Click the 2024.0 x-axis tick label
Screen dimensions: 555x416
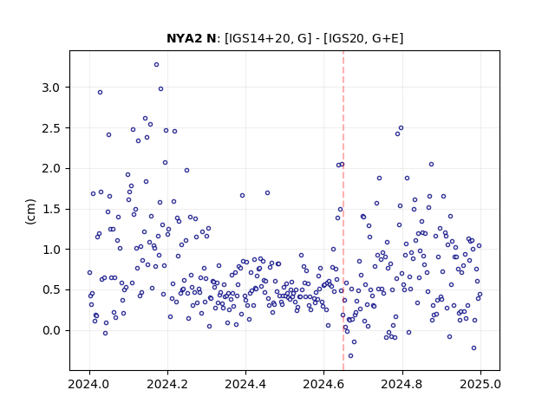pyautogui.click(x=89, y=384)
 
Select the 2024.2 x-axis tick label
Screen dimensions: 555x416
pyautogui.click(x=167, y=384)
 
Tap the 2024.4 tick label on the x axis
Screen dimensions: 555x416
pyautogui.click(x=245, y=384)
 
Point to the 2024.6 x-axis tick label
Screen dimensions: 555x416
pyautogui.click(x=323, y=384)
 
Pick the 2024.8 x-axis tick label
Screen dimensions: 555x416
pyautogui.click(x=402, y=384)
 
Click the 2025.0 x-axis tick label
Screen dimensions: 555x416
pyautogui.click(x=480, y=384)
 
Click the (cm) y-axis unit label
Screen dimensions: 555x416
pyautogui.click(x=31, y=211)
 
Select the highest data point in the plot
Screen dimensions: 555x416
pyautogui.click(x=156, y=65)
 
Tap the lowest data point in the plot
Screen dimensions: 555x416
pyautogui.click(x=350, y=356)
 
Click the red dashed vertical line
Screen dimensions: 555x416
pyautogui.click(x=343, y=211)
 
